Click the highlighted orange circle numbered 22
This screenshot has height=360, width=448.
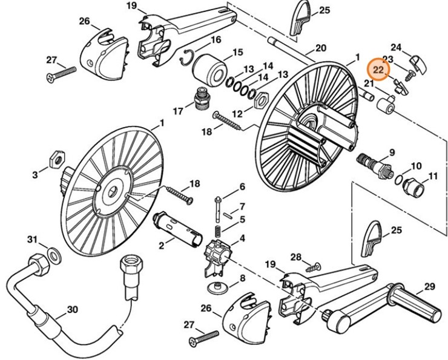pyautogui.click(x=378, y=70)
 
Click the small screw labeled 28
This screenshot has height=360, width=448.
pyautogui.click(x=313, y=265)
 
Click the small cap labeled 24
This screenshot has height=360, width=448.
pyautogui.click(x=418, y=63)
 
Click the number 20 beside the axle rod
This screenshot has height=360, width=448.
pyautogui.click(x=320, y=48)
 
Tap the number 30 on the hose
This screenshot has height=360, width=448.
pyautogui.click(x=72, y=309)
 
